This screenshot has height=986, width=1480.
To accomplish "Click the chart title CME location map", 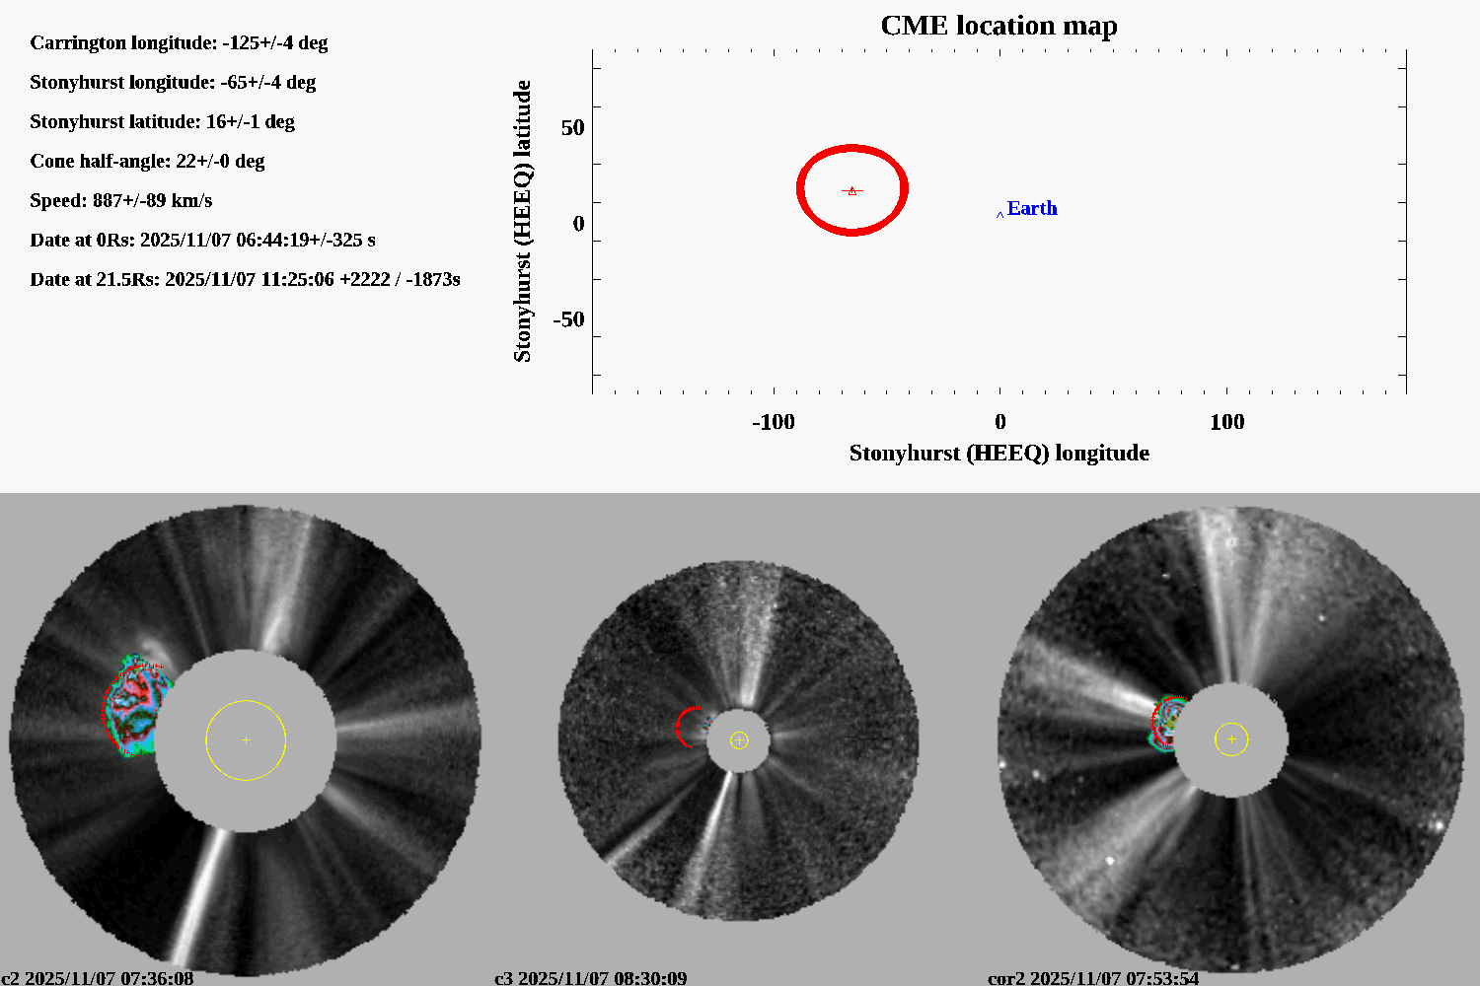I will pos(999,26).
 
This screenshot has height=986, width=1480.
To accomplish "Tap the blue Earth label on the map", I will pos(1031,208).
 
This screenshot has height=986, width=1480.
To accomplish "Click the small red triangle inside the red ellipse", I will pos(852,190).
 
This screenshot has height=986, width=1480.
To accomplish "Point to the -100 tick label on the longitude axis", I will pos(773,422).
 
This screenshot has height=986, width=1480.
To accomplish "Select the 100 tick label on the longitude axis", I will pos(1226,422).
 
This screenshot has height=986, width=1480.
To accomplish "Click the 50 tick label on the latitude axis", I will pos(572,128).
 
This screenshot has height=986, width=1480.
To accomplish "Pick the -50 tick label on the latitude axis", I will pos(568,319).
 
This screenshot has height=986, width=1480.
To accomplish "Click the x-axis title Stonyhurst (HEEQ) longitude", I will pos(999,453).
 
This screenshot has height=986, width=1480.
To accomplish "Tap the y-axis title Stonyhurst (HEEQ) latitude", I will pos(522,221).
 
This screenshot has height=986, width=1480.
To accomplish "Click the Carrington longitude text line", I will pos(179,42).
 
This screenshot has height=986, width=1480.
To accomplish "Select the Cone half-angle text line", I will pos(147,161).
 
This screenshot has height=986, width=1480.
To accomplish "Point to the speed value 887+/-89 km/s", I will pos(152,200).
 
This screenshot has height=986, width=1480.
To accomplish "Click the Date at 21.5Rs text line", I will pos(245,279).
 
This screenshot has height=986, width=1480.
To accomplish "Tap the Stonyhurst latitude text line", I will pos(162,121).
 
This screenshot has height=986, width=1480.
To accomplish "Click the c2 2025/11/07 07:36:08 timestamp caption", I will pos(97,978).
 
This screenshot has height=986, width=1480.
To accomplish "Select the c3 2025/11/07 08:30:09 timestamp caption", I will pos(590,978).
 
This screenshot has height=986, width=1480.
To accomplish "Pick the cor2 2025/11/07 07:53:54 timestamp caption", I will pos(1093,978).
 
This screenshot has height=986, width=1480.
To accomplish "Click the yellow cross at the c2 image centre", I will pos(246,739).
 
